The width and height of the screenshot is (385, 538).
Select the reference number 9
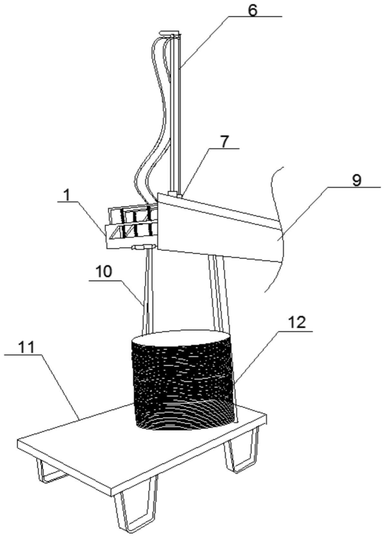point(357,180)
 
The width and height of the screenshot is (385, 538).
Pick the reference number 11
point(26,348)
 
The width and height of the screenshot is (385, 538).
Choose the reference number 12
point(297,323)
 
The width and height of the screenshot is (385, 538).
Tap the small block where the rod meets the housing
point(175,194)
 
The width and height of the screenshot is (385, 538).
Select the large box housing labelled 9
point(220,226)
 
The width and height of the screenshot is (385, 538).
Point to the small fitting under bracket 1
point(144,247)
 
